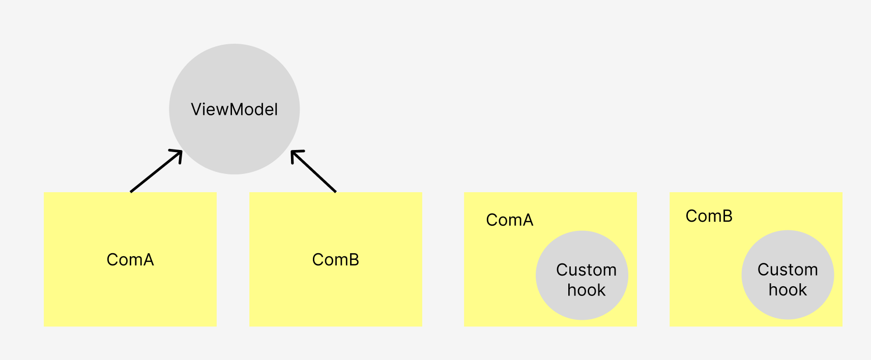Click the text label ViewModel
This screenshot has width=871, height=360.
click(x=234, y=109)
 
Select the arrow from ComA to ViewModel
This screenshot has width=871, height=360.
click(x=155, y=172)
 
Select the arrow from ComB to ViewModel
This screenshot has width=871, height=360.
click(x=314, y=172)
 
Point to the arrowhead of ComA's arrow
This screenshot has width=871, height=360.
click(x=180, y=152)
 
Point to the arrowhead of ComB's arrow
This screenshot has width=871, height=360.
click(x=293, y=152)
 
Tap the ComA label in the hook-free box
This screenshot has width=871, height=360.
click(x=130, y=260)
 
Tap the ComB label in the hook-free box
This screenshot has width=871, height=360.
click(x=336, y=260)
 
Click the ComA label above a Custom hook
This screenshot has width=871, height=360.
click(x=509, y=220)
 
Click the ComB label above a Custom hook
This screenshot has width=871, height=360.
click(x=709, y=216)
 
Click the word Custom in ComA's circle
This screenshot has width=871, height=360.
click(x=586, y=270)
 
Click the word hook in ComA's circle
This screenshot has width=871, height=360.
click(x=586, y=290)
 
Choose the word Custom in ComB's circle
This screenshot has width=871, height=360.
click(x=788, y=269)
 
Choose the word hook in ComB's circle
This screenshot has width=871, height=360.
click(x=788, y=290)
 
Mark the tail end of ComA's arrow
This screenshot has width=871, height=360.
click(x=131, y=192)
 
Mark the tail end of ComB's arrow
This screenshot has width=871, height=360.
click(x=335, y=192)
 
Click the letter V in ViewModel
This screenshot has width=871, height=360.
click(x=196, y=109)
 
